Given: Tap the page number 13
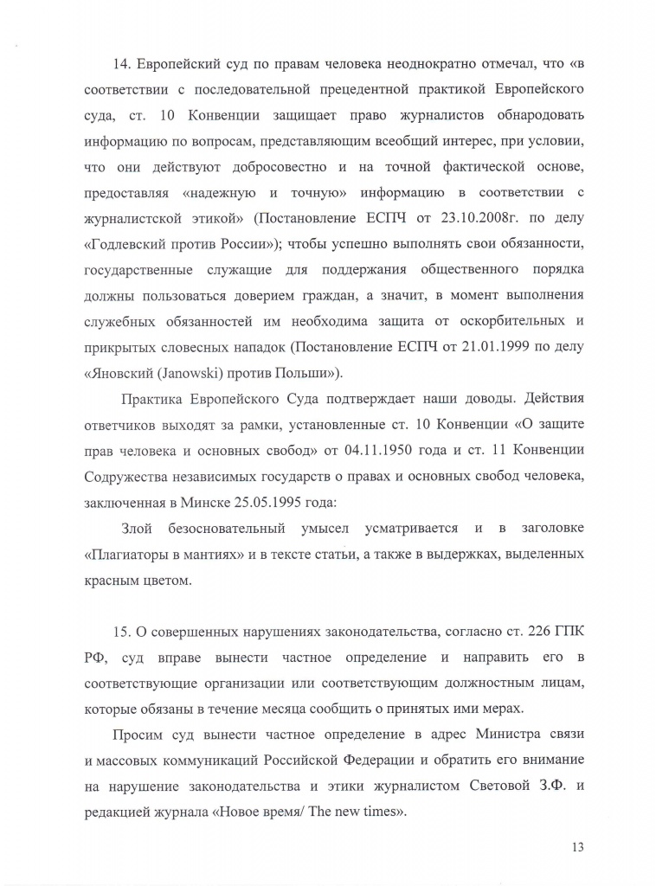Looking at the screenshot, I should point(577,847).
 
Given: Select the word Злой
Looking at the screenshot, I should point(138,529).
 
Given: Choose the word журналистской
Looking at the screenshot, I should point(134,215).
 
